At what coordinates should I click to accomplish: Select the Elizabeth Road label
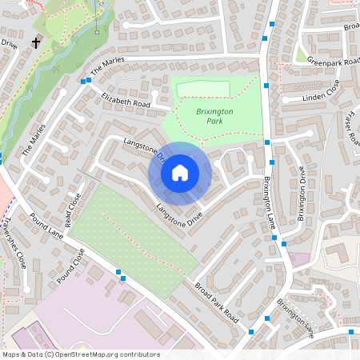(126, 101)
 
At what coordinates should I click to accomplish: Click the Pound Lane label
(46, 225)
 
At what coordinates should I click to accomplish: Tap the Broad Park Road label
(215, 301)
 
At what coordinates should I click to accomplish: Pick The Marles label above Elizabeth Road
(107, 70)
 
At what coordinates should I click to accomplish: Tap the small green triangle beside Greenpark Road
(300, 55)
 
